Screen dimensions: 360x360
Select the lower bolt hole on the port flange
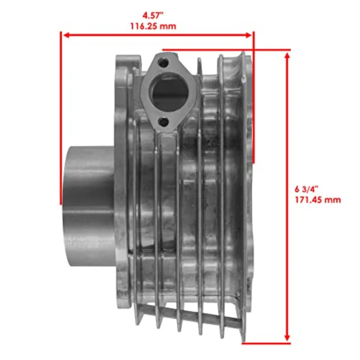[163, 120]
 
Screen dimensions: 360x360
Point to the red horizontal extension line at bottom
[266, 343]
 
